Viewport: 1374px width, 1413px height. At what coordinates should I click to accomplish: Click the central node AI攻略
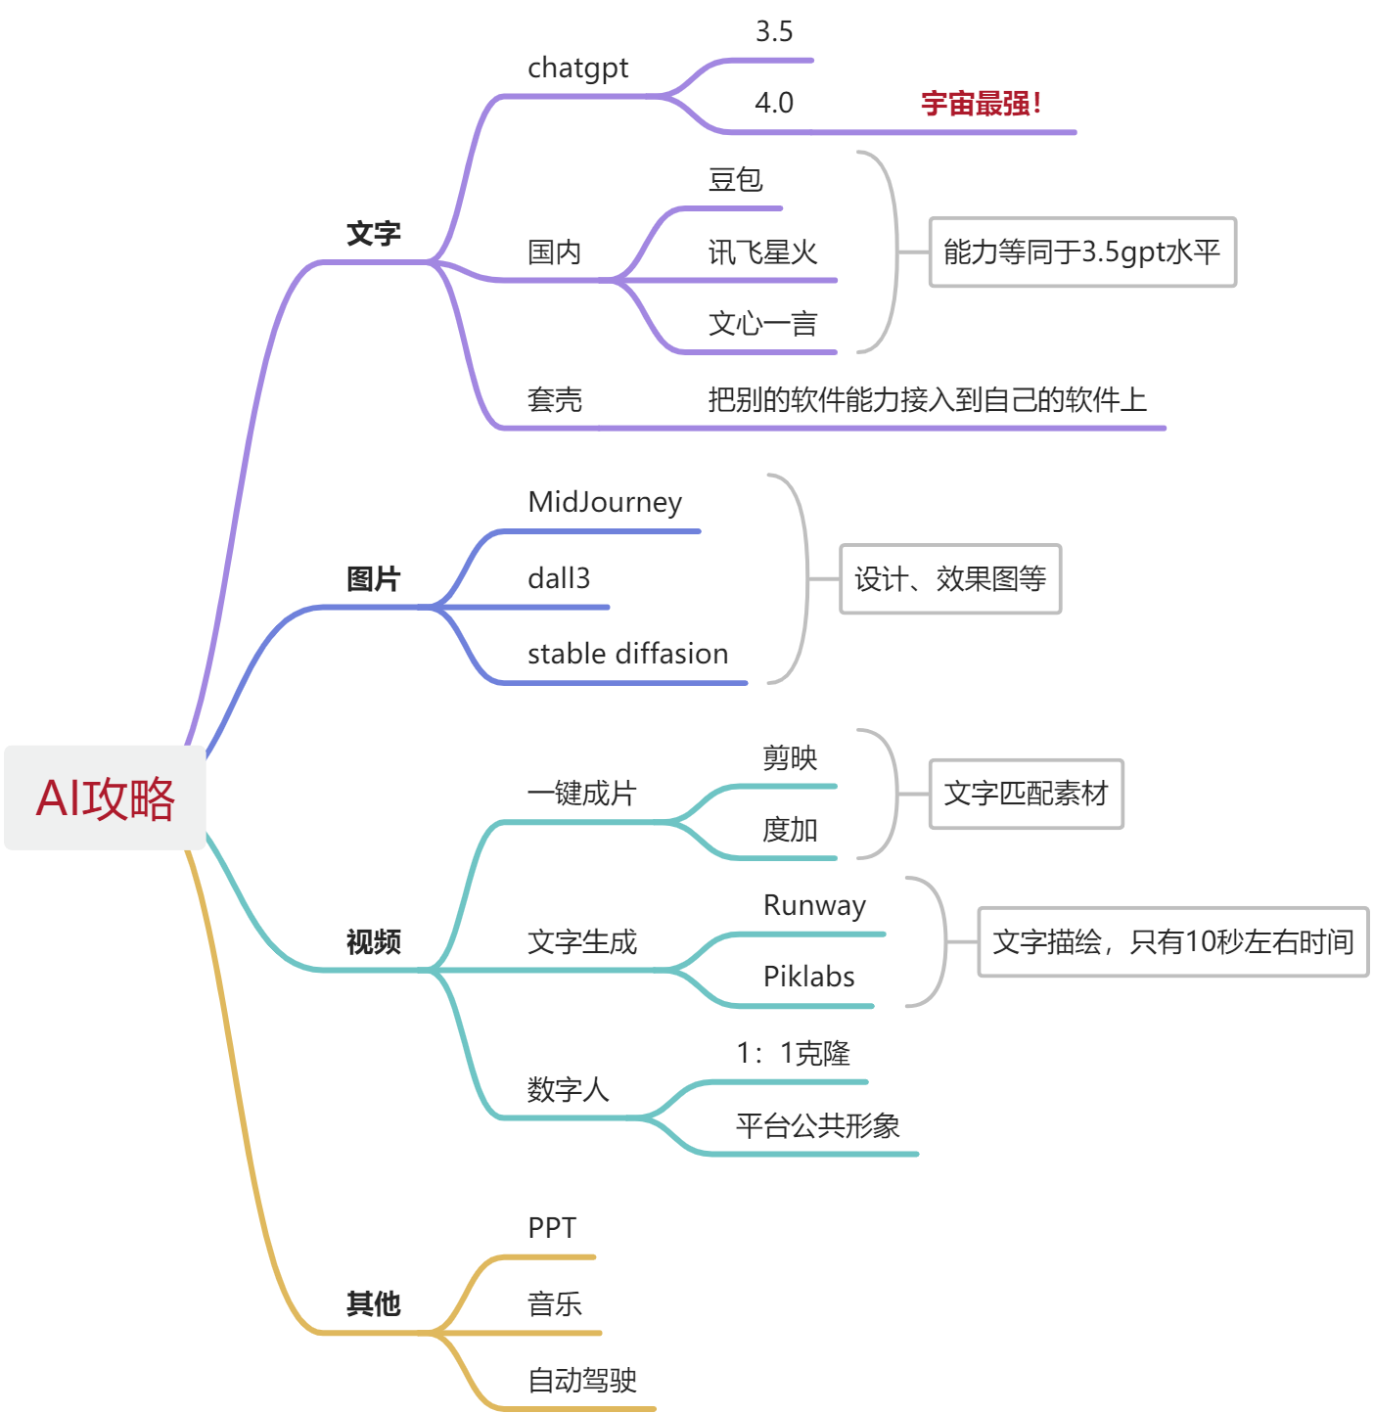coord(105,798)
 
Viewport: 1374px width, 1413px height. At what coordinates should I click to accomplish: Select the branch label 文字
coord(373,234)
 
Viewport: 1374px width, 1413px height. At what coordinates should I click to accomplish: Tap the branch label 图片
coord(373,579)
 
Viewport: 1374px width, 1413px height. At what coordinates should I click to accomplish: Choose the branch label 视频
coord(373,941)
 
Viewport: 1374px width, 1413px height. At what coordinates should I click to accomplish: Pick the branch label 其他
coord(373,1303)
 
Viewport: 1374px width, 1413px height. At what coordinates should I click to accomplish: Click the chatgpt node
coord(577,68)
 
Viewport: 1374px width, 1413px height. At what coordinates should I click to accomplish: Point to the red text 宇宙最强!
coord(981,103)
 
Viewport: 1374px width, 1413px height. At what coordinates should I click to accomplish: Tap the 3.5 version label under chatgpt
coord(773,32)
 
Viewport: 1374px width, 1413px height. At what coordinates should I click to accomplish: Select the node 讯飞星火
coord(762,252)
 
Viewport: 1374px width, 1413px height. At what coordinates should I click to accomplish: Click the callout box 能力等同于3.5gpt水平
coord(1082,252)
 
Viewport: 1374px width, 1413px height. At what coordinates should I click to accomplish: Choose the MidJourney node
coord(604,503)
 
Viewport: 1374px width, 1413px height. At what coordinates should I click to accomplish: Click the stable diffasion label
coord(627,654)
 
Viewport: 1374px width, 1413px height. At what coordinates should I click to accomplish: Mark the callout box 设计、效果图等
coord(950,579)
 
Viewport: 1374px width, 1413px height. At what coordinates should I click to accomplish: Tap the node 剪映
coord(790,758)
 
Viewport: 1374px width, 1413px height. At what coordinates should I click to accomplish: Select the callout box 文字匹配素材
coord(1026,794)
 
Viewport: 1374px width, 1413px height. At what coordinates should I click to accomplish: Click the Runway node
coord(814,906)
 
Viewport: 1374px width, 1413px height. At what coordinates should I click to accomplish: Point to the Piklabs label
coord(808,977)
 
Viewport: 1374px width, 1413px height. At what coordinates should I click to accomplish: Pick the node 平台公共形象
coord(817,1126)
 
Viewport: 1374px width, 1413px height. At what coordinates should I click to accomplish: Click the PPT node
coord(552,1228)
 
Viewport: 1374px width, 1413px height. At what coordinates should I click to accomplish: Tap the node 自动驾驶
coord(582,1381)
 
